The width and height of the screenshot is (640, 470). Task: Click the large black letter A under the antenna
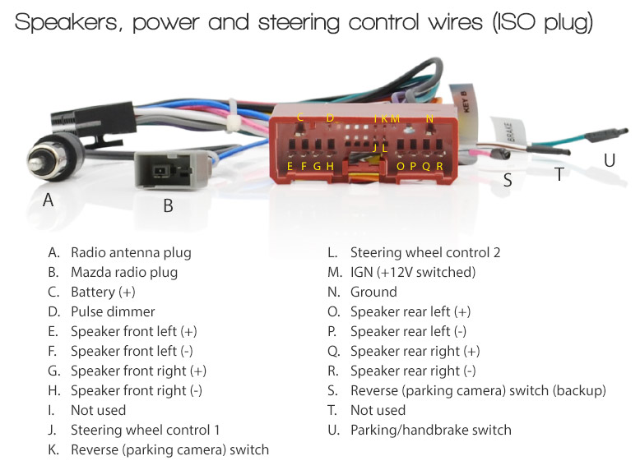49,200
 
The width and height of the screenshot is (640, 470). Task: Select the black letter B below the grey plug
168,206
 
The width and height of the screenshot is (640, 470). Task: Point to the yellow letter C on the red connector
300,117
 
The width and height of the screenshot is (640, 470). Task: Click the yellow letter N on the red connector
429,118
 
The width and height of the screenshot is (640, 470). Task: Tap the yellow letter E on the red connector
290,166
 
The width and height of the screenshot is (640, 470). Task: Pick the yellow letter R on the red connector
439,166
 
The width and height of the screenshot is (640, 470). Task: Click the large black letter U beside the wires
610,160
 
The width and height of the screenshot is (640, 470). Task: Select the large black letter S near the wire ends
508,180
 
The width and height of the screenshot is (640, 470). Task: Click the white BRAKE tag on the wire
509,131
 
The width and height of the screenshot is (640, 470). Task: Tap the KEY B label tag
465,104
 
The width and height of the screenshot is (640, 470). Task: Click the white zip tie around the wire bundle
233,115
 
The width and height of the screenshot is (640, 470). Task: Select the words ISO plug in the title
543,23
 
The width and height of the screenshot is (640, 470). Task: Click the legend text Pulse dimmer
113,312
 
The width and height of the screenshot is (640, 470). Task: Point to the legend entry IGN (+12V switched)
413,272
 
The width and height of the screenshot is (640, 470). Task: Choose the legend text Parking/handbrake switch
431,430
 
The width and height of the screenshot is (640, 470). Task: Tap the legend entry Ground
373,292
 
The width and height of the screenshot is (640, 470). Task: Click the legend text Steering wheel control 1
146,430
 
